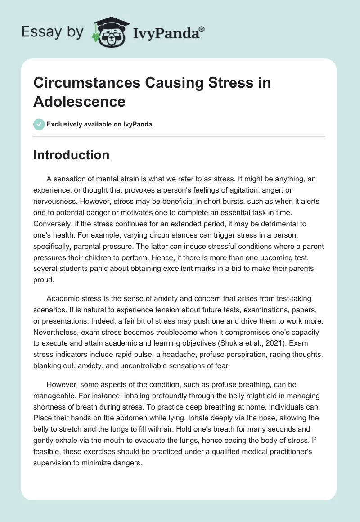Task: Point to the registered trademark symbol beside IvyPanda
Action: tap(202, 29)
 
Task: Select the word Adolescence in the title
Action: tap(79, 102)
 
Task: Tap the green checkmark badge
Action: tap(39, 124)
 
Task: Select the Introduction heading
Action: tap(71, 155)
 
